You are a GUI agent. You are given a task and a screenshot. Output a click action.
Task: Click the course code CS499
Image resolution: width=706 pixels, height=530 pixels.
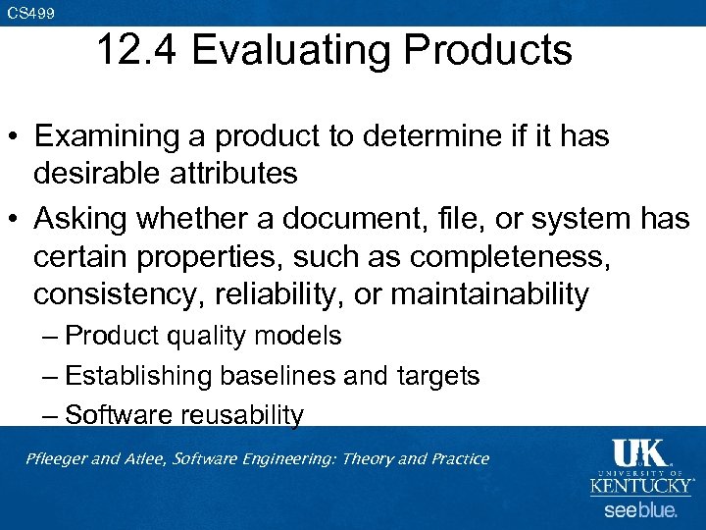[29, 13]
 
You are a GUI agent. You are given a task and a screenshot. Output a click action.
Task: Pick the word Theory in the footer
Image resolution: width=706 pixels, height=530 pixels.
[363, 458]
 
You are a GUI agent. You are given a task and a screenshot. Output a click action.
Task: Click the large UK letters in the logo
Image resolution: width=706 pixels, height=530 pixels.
[639, 453]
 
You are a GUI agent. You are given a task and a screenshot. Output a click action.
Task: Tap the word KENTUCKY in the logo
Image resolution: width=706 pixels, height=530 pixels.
[640, 484]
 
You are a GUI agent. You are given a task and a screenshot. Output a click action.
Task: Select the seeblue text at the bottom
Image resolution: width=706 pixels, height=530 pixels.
[639, 510]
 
